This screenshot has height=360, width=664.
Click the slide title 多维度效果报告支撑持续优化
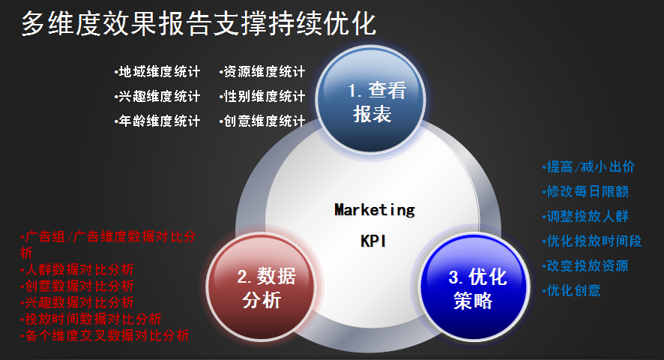pyautogui.click(x=199, y=23)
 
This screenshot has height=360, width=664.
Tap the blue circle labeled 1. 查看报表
pyautogui.click(x=370, y=100)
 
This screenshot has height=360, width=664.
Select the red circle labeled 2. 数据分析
pyautogui.click(x=262, y=286)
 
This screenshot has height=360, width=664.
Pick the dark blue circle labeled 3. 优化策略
pyautogui.click(x=474, y=286)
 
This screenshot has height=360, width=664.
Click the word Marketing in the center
pyautogui.click(x=375, y=210)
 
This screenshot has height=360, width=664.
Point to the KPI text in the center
pyautogui.click(x=373, y=241)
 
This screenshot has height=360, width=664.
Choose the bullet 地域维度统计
pyautogui.click(x=157, y=72)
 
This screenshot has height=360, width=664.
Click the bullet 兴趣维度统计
pyautogui.click(x=157, y=96)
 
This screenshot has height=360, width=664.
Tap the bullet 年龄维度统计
pyautogui.click(x=157, y=121)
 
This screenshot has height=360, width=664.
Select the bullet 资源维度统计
pyautogui.click(x=262, y=72)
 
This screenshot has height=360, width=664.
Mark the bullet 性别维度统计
pyautogui.click(x=262, y=96)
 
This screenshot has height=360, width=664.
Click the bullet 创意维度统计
pyautogui.click(x=262, y=121)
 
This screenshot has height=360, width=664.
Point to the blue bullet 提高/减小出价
pyautogui.click(x=588, y=166)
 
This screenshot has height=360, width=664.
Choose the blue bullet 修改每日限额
pyautogui.click(x=585, y=191)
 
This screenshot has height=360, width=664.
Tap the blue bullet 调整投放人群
pyautogui.click(x=585, y=216)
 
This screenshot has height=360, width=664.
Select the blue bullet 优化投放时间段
pyautogui.click(x=592, y=241)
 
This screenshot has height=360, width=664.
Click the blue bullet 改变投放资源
pyautogui.click(x=585, y=265)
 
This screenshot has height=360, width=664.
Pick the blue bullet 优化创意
pyautogui.click(x=571, y=290)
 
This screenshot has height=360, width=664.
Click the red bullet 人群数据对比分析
pyautogui.click(x=77, y=269)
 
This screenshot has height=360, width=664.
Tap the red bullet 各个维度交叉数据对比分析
pyautogui.click(x=105, y=335)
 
